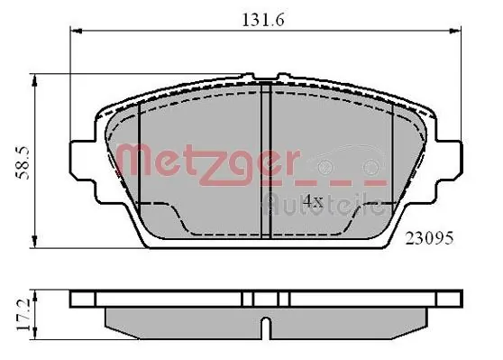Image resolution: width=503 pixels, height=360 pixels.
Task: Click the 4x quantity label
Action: click(x=313, y=201)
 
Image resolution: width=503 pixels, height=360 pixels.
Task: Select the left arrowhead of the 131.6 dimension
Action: click(x=76, y=32)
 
